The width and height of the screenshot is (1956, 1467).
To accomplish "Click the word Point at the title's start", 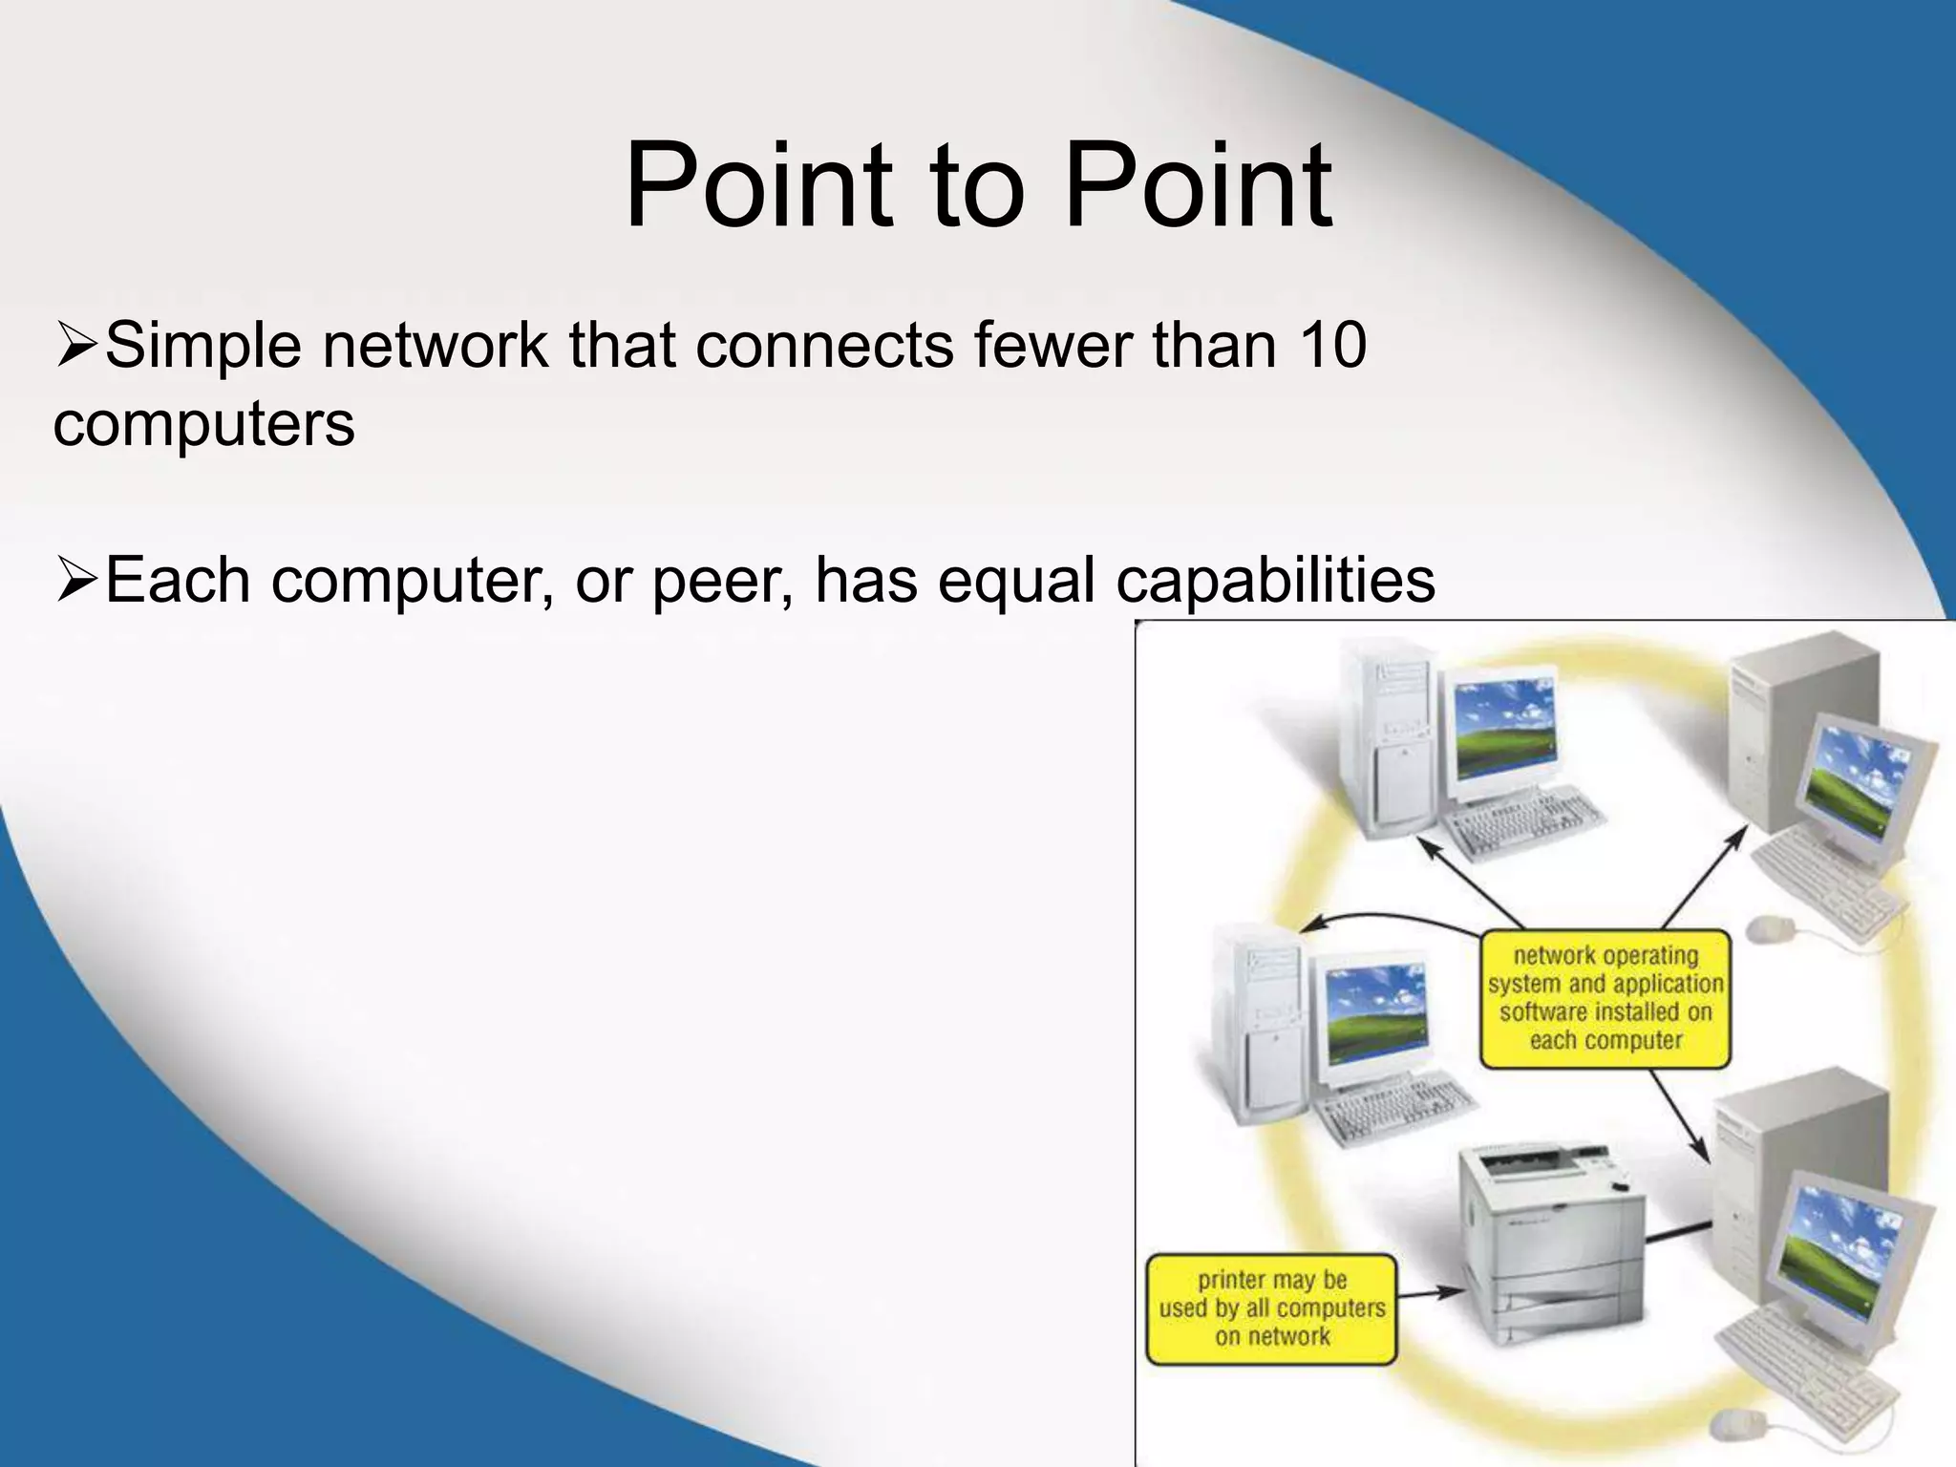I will pyautogui.click(x=758, y=185).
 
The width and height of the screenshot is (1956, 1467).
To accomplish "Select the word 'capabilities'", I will pyautogui.click(x=1275, y=581).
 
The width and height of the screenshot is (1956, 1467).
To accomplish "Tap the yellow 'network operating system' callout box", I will pyautogui.click(x=1605, y=998).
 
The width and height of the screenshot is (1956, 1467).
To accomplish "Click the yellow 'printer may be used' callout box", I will pyautogui.click(x=1271, y=1308).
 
